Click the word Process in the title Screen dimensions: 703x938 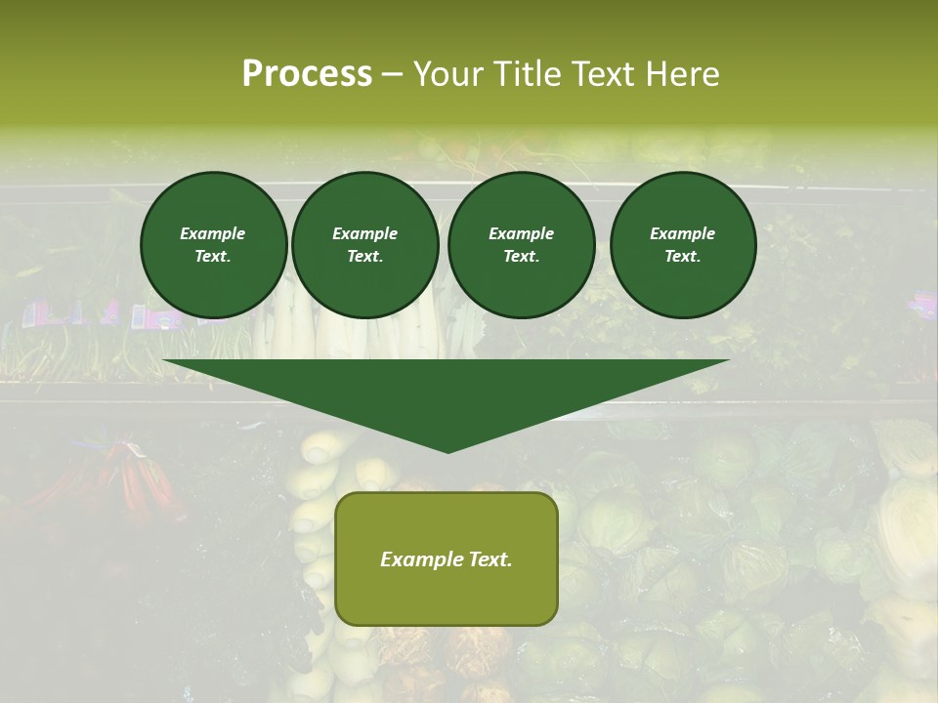click(307, 74)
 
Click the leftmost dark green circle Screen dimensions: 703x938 click(214, 245)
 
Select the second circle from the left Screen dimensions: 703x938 click(365, 245)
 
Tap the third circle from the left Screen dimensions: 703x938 click(522, 245)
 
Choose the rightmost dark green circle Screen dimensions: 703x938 click(683, 245)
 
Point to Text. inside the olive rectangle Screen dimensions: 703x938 click(490, 559)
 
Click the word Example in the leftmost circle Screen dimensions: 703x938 click(213, 233)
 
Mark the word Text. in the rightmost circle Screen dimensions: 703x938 click(683, 257)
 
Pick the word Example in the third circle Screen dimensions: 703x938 click(522, 233)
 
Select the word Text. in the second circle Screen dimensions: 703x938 click(365, 257)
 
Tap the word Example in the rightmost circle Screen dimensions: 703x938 click(683, 233)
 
